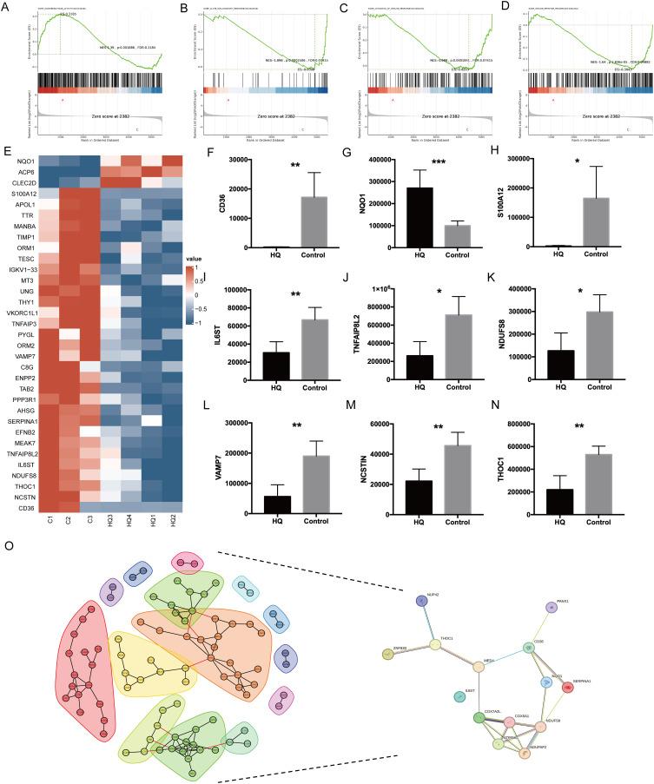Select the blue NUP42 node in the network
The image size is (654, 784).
(420, 601)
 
